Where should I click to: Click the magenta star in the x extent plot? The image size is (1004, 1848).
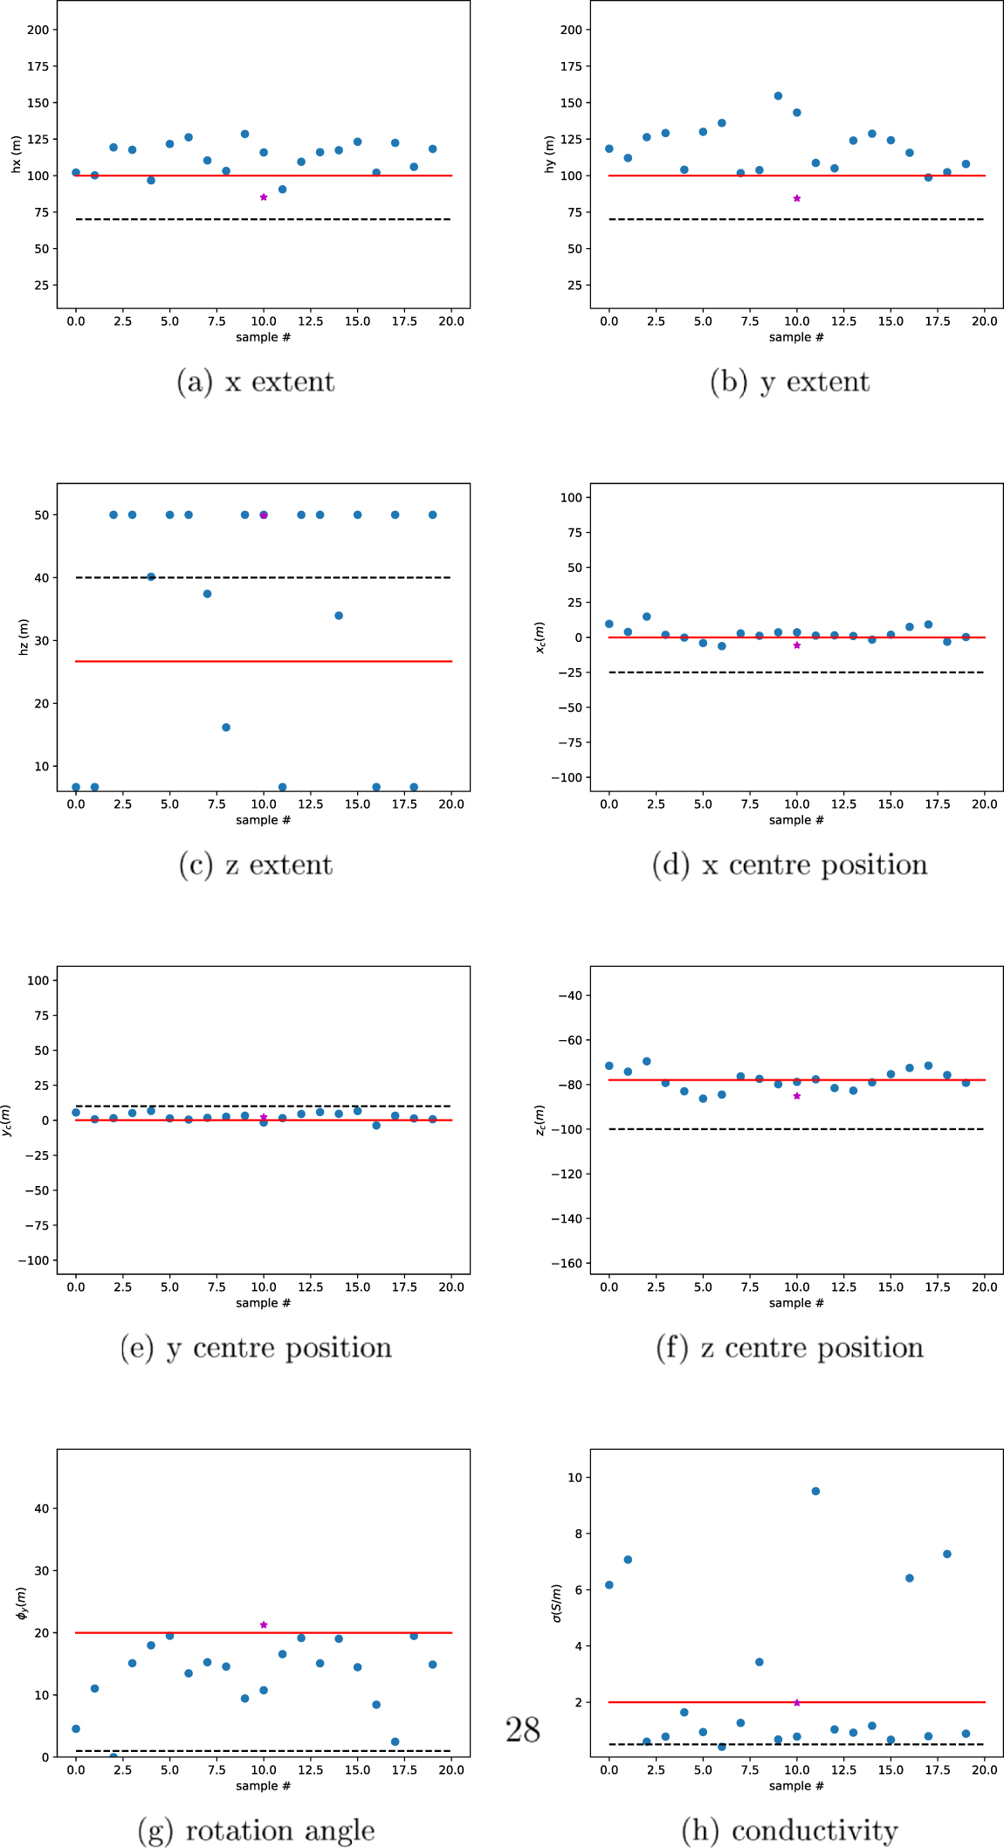point(264,197)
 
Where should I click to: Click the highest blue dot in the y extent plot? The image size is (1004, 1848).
point(778,96)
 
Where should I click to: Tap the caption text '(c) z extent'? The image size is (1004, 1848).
point(256,865)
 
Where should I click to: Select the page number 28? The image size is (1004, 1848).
point(523,1729)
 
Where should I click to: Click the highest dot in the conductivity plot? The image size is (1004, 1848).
point(815,1491)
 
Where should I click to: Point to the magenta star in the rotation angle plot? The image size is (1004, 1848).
point(264,1624)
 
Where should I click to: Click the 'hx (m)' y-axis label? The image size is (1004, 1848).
point(16,154)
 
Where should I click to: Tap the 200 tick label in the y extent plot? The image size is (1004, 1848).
point(570,30)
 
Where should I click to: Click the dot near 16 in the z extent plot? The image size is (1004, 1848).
point(226,727)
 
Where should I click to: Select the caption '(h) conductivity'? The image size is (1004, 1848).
point(789,1830)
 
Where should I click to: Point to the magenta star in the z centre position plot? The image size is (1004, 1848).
point(796,1095)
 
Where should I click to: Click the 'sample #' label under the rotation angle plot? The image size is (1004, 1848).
point(263,1786)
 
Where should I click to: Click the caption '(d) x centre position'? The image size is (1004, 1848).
point(789,865)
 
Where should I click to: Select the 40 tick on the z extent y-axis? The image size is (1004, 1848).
point(41,577)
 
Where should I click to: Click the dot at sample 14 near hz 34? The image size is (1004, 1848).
point(339,616)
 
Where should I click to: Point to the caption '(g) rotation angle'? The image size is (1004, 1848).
point(256,1830)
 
